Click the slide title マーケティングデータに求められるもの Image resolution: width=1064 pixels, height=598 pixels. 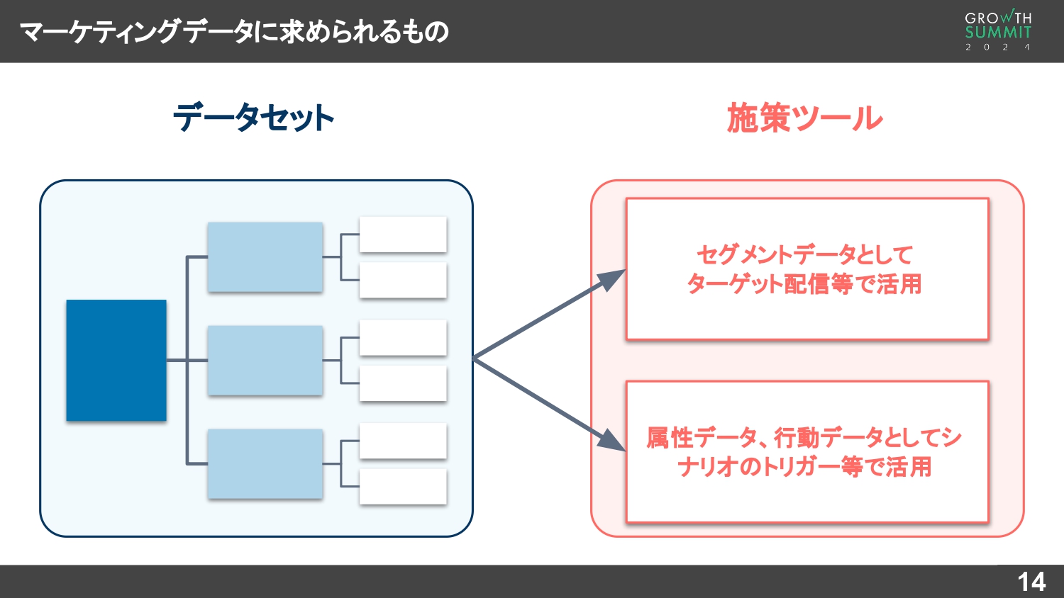coord(234,31)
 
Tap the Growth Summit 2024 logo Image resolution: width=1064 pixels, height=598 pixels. coord(998,31)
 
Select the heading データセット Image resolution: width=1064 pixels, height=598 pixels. coord(253,118)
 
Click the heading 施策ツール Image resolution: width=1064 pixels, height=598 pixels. coord(805,118)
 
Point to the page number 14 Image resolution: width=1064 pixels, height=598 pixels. coord(1031,582)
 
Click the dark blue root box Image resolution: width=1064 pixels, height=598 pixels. coord(116,361)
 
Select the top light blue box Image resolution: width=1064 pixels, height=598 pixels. coord(265,257)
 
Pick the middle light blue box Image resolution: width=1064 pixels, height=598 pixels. coord(265,361)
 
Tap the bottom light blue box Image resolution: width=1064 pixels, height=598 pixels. coord(265,464)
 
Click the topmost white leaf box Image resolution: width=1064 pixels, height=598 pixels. coord(403,235)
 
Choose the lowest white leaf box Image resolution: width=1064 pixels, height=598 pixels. coord(403,487)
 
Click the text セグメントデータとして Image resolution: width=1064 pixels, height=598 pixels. coord(804,254)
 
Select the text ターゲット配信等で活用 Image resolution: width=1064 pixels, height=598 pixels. coord(804,284)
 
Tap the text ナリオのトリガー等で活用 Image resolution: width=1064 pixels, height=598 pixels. coord(804,467)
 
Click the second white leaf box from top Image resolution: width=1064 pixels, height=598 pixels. coord(403,280)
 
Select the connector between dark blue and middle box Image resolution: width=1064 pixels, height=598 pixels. coord(187,361)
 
